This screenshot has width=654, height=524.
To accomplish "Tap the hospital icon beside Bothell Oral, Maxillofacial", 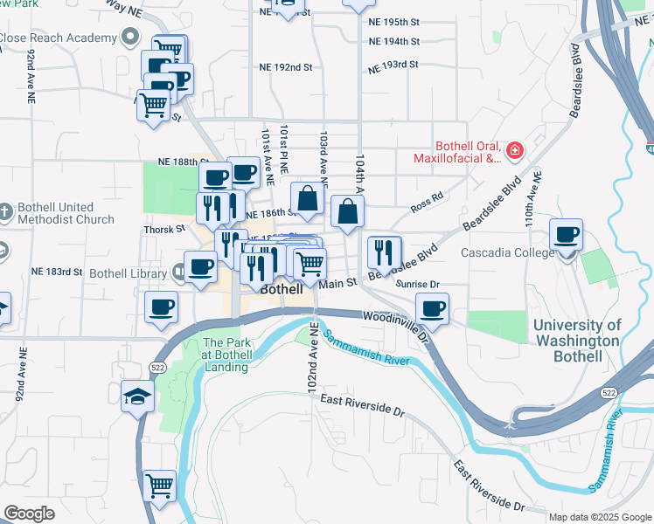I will [515, 150].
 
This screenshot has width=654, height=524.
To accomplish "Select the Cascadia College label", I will [507, 253].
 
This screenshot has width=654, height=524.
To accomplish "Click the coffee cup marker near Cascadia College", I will [567, 236].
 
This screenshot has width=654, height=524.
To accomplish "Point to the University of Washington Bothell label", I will [577, 341].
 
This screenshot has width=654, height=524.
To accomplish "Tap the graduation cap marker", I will [138, 398].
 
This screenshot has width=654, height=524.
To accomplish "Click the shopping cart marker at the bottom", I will [159, 486].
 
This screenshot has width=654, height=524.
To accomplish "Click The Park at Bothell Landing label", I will [227, 355].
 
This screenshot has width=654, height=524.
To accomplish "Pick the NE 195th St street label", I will [394, 21].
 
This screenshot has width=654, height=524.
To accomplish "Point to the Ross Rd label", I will [427, 203].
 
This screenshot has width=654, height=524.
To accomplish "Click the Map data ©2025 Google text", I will [598, 517].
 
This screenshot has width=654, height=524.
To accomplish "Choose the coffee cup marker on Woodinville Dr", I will [432, 309].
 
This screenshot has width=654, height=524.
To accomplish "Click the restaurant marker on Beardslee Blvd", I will [383, 252].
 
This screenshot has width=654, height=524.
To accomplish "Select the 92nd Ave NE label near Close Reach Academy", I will [31, 77].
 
